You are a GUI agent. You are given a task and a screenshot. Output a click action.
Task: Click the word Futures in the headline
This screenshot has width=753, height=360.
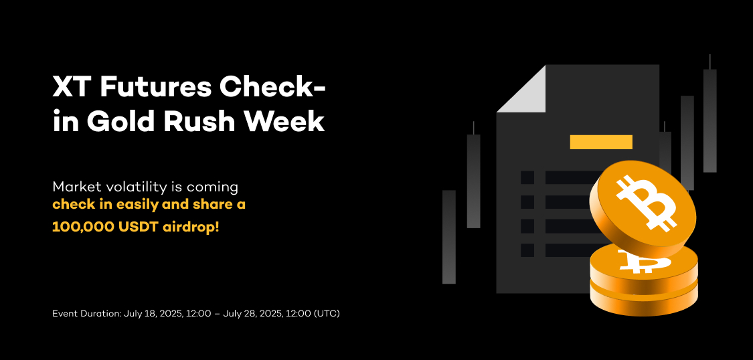(153, 87)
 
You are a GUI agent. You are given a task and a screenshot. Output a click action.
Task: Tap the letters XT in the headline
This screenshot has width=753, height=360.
(72, 87)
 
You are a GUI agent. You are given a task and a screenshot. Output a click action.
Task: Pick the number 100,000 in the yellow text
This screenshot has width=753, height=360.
(82, 227)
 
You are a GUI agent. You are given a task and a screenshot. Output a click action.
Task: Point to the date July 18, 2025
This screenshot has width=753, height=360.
(153, 314)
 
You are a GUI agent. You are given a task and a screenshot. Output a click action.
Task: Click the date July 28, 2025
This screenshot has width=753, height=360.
(252, 314)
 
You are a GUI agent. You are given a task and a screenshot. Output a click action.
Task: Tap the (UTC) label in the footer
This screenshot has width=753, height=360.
(327, 314)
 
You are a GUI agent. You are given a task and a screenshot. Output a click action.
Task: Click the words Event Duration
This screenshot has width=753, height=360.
(86, 314)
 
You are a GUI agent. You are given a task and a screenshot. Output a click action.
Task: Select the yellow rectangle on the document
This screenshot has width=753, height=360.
(601, 142)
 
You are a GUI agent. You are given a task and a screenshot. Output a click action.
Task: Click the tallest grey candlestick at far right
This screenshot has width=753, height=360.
(709, 120)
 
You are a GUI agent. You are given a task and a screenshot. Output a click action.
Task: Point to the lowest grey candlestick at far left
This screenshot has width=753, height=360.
(449, 237)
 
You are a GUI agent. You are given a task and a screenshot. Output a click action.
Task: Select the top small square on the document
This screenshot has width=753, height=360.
(527, 177)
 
